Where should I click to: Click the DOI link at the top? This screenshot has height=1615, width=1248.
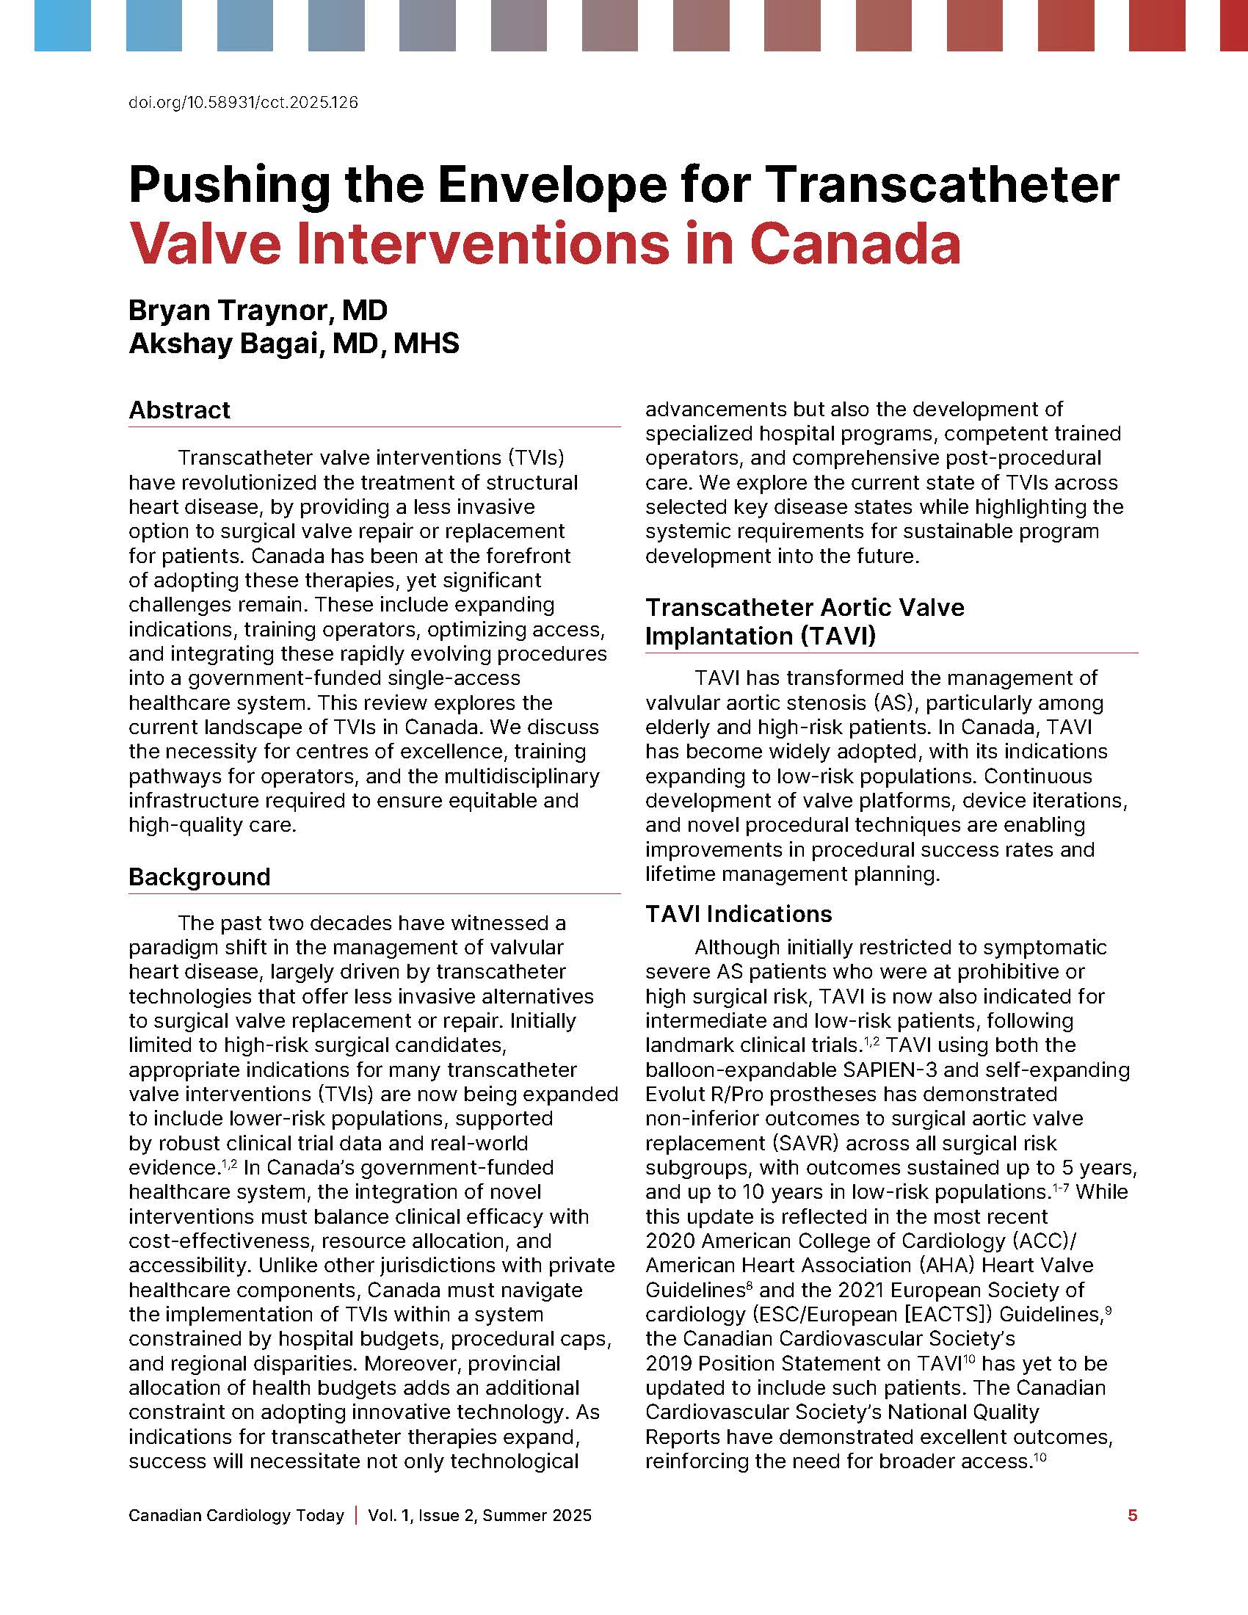click(x=243, y=103)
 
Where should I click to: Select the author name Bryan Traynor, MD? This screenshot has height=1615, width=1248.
click(x=258, y=311)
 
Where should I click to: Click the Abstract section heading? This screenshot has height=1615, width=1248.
click(x=180, y=410)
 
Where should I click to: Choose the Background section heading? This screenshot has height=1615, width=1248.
click(x=200, y=877)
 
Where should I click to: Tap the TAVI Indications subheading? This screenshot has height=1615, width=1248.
click(x=739, y=914)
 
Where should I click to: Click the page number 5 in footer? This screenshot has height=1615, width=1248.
click(x=1132, y=1515)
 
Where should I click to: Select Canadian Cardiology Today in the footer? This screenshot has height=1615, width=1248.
click(x=236, y=1515)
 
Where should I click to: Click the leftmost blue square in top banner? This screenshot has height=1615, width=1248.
click(x=62, y=26)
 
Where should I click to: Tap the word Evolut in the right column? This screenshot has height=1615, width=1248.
click(x=678, y=1095)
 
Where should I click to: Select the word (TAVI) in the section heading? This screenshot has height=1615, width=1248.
click(x=838, y=636)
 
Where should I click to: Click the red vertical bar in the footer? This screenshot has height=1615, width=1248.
click(x=356, y=1515)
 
